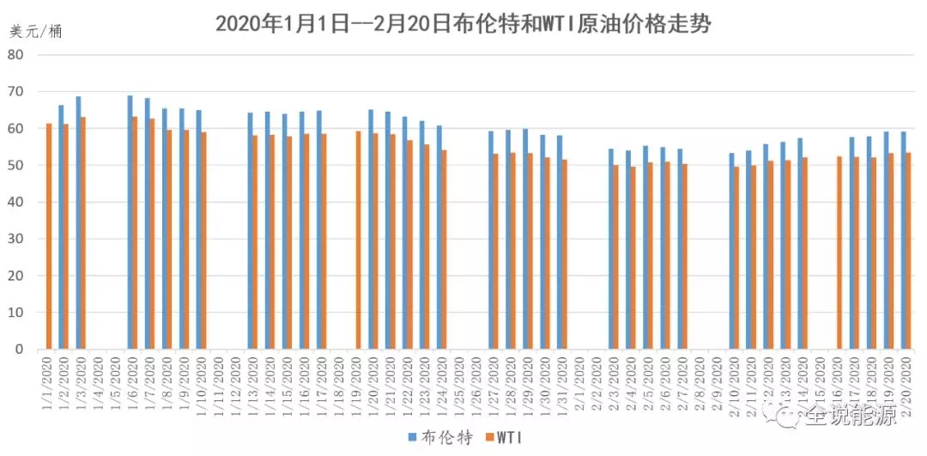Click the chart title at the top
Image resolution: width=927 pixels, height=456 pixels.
pos(463,23)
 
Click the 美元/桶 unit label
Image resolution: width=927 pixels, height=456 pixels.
pos(36,32)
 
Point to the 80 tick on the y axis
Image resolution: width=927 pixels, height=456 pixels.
pos(16,54)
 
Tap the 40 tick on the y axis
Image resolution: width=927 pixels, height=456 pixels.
pos(16,202)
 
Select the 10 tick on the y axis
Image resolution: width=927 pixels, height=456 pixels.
pos(16,313)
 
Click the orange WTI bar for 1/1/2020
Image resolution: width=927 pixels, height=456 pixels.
pos(49,236)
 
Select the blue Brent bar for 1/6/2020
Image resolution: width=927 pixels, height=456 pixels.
pos(130,222)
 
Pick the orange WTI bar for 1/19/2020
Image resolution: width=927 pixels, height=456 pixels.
pos(358,240)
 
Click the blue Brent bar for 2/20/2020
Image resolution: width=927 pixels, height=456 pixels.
pos(903,240)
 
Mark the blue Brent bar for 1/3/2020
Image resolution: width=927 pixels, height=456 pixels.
pos(78,222)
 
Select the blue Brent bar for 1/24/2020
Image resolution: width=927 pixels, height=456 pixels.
pos(439,237)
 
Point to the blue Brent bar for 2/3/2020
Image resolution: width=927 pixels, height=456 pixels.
pos(610,249)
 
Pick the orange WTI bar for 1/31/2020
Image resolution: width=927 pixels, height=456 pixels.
pos(564,254)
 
